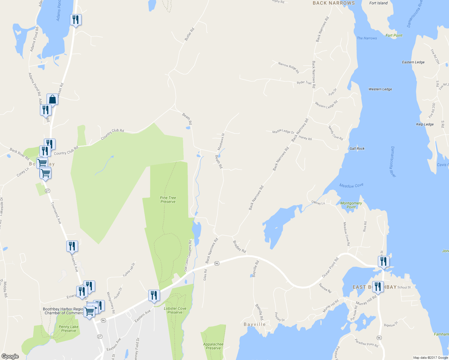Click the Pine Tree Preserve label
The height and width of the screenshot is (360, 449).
click(168, 200)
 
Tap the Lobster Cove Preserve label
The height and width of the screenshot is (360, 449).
click(175, 310)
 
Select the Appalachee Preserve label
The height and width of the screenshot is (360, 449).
click(213, 346)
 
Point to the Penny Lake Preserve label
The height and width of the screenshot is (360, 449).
click(69, 329)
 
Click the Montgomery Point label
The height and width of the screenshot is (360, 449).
click(351, 205)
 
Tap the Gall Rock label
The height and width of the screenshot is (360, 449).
click(357, 148)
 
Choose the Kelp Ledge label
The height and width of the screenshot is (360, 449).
click(425, 124)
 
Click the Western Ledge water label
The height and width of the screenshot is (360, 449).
click(380, 89)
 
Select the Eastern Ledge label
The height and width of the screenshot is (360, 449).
click(413, 62)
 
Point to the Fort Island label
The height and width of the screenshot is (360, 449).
click(378, 3)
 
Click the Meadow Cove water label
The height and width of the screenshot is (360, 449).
click(351, 186)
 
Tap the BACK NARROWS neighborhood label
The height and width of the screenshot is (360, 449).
click(334, 3)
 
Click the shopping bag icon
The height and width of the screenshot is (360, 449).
click(52, 99)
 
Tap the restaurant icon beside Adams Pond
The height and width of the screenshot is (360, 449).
click(76, 20)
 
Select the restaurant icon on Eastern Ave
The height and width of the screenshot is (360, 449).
click(154, 295)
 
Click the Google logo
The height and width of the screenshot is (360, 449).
click(10, 356)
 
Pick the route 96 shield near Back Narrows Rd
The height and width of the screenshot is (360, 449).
click(217, 263)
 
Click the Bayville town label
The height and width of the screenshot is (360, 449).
click(255, 324)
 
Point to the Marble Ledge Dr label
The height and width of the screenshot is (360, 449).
click(283, 131)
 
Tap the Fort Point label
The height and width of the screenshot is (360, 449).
click(394, 35)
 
